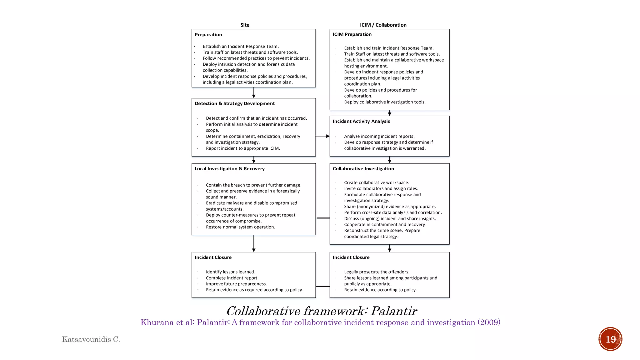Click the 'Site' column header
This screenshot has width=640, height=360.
(245, 25)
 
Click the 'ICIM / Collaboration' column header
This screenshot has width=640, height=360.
(383, 25)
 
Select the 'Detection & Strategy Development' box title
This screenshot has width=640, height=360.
(235, 103)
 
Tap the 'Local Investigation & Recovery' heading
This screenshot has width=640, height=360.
(230, 169)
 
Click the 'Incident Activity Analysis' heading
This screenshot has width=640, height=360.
(361, 121)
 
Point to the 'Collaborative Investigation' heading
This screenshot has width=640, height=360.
(363, 169)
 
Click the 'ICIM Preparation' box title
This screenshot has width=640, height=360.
(352, 34)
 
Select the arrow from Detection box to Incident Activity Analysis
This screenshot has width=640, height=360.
(323, 136)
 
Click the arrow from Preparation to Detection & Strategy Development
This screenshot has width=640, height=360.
(254, 93)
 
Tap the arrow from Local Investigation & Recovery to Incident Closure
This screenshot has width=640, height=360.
(254, 243)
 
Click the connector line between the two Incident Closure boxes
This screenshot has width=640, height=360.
(322, 286)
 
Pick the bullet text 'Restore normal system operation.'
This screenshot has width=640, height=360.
(240, 227)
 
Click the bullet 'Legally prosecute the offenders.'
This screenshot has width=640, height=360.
(377, 272)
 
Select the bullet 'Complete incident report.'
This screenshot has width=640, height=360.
(232, 278)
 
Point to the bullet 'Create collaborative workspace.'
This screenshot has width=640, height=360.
(377, 183)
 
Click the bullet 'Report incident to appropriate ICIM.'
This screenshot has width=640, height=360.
(243, 148)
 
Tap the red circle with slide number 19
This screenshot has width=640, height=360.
(610, 339)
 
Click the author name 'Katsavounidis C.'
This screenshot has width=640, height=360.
(91, 339)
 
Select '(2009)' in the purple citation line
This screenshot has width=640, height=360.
(489, 322)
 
